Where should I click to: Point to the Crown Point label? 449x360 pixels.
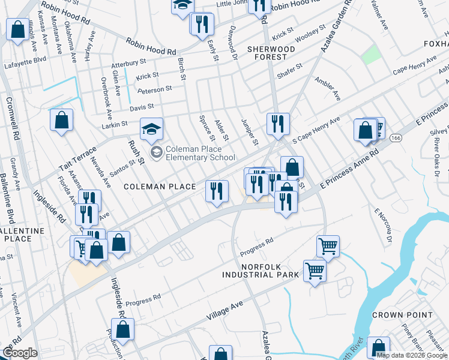[x=402, y=315]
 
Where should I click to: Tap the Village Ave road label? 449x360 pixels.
[x=224, y=310]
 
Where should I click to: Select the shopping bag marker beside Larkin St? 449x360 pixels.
[x=61, y=121]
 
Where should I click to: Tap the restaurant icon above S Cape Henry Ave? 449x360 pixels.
[x=277, y=124]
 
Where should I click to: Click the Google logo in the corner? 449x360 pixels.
[x=20, y=353]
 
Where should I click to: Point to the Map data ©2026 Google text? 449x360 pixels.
[x=412, y=355]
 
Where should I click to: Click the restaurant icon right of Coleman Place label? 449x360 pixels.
[x=217, y=191]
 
